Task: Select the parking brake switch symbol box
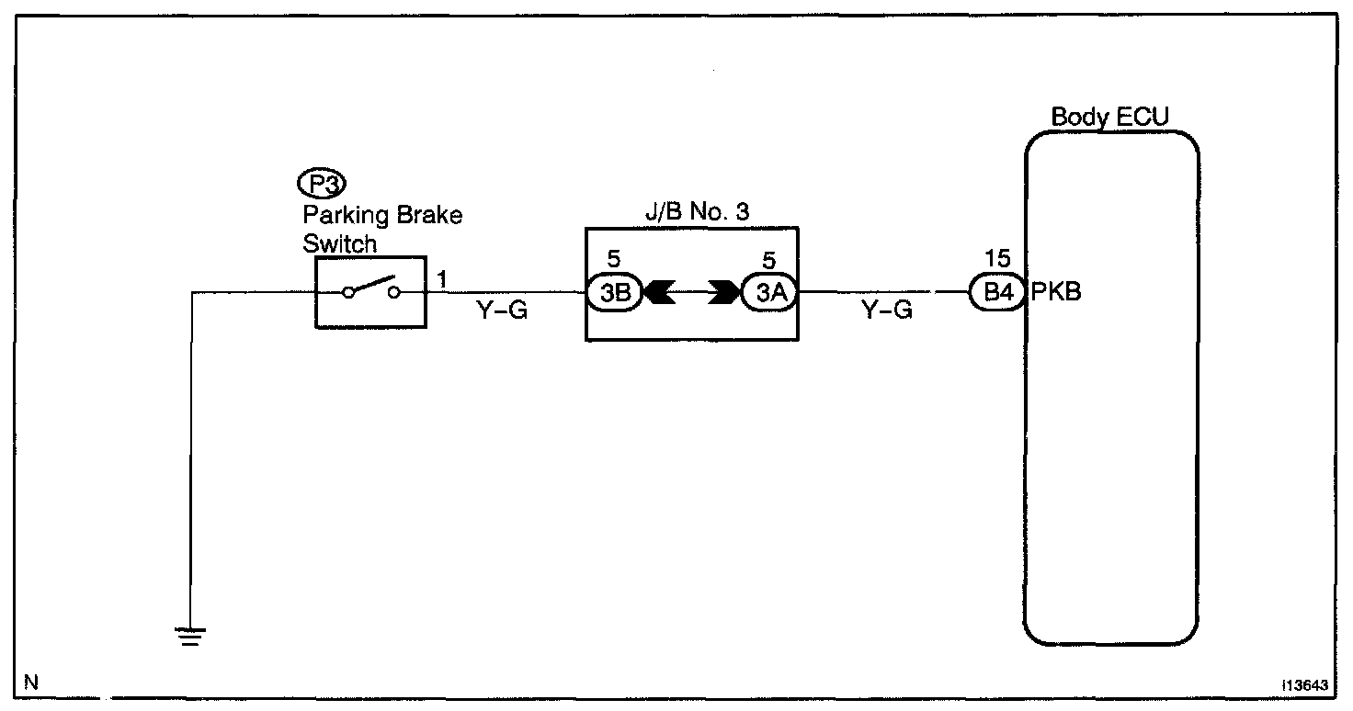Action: tap(370, 292)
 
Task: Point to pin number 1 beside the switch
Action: tap(443, 278)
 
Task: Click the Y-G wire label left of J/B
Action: tap(502, 311)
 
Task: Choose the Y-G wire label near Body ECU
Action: tap(886, 311)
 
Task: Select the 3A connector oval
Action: tap(769, 294)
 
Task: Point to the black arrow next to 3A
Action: tap(724, 294)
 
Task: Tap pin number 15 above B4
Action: tap(996, 259)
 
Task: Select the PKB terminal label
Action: tap(1055, 294)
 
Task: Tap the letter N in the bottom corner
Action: tap(31, 683)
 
